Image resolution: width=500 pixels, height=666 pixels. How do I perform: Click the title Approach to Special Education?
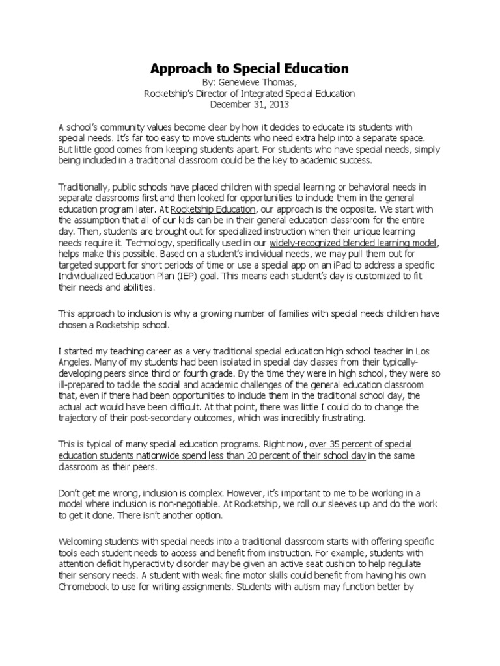(x=250, y=68)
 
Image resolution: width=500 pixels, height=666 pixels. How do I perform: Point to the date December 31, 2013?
(x=249, y=104)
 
